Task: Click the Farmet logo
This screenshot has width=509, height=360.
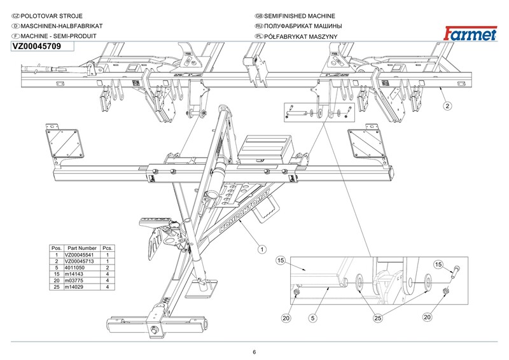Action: point(470,34)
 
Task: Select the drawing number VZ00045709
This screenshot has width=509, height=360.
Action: point(36,46)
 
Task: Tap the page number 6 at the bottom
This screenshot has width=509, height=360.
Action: point(254,352)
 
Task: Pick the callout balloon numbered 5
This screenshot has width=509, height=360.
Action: point(313,317)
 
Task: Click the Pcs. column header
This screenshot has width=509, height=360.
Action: point(108,247)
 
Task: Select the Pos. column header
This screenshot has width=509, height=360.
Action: point(57,247)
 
